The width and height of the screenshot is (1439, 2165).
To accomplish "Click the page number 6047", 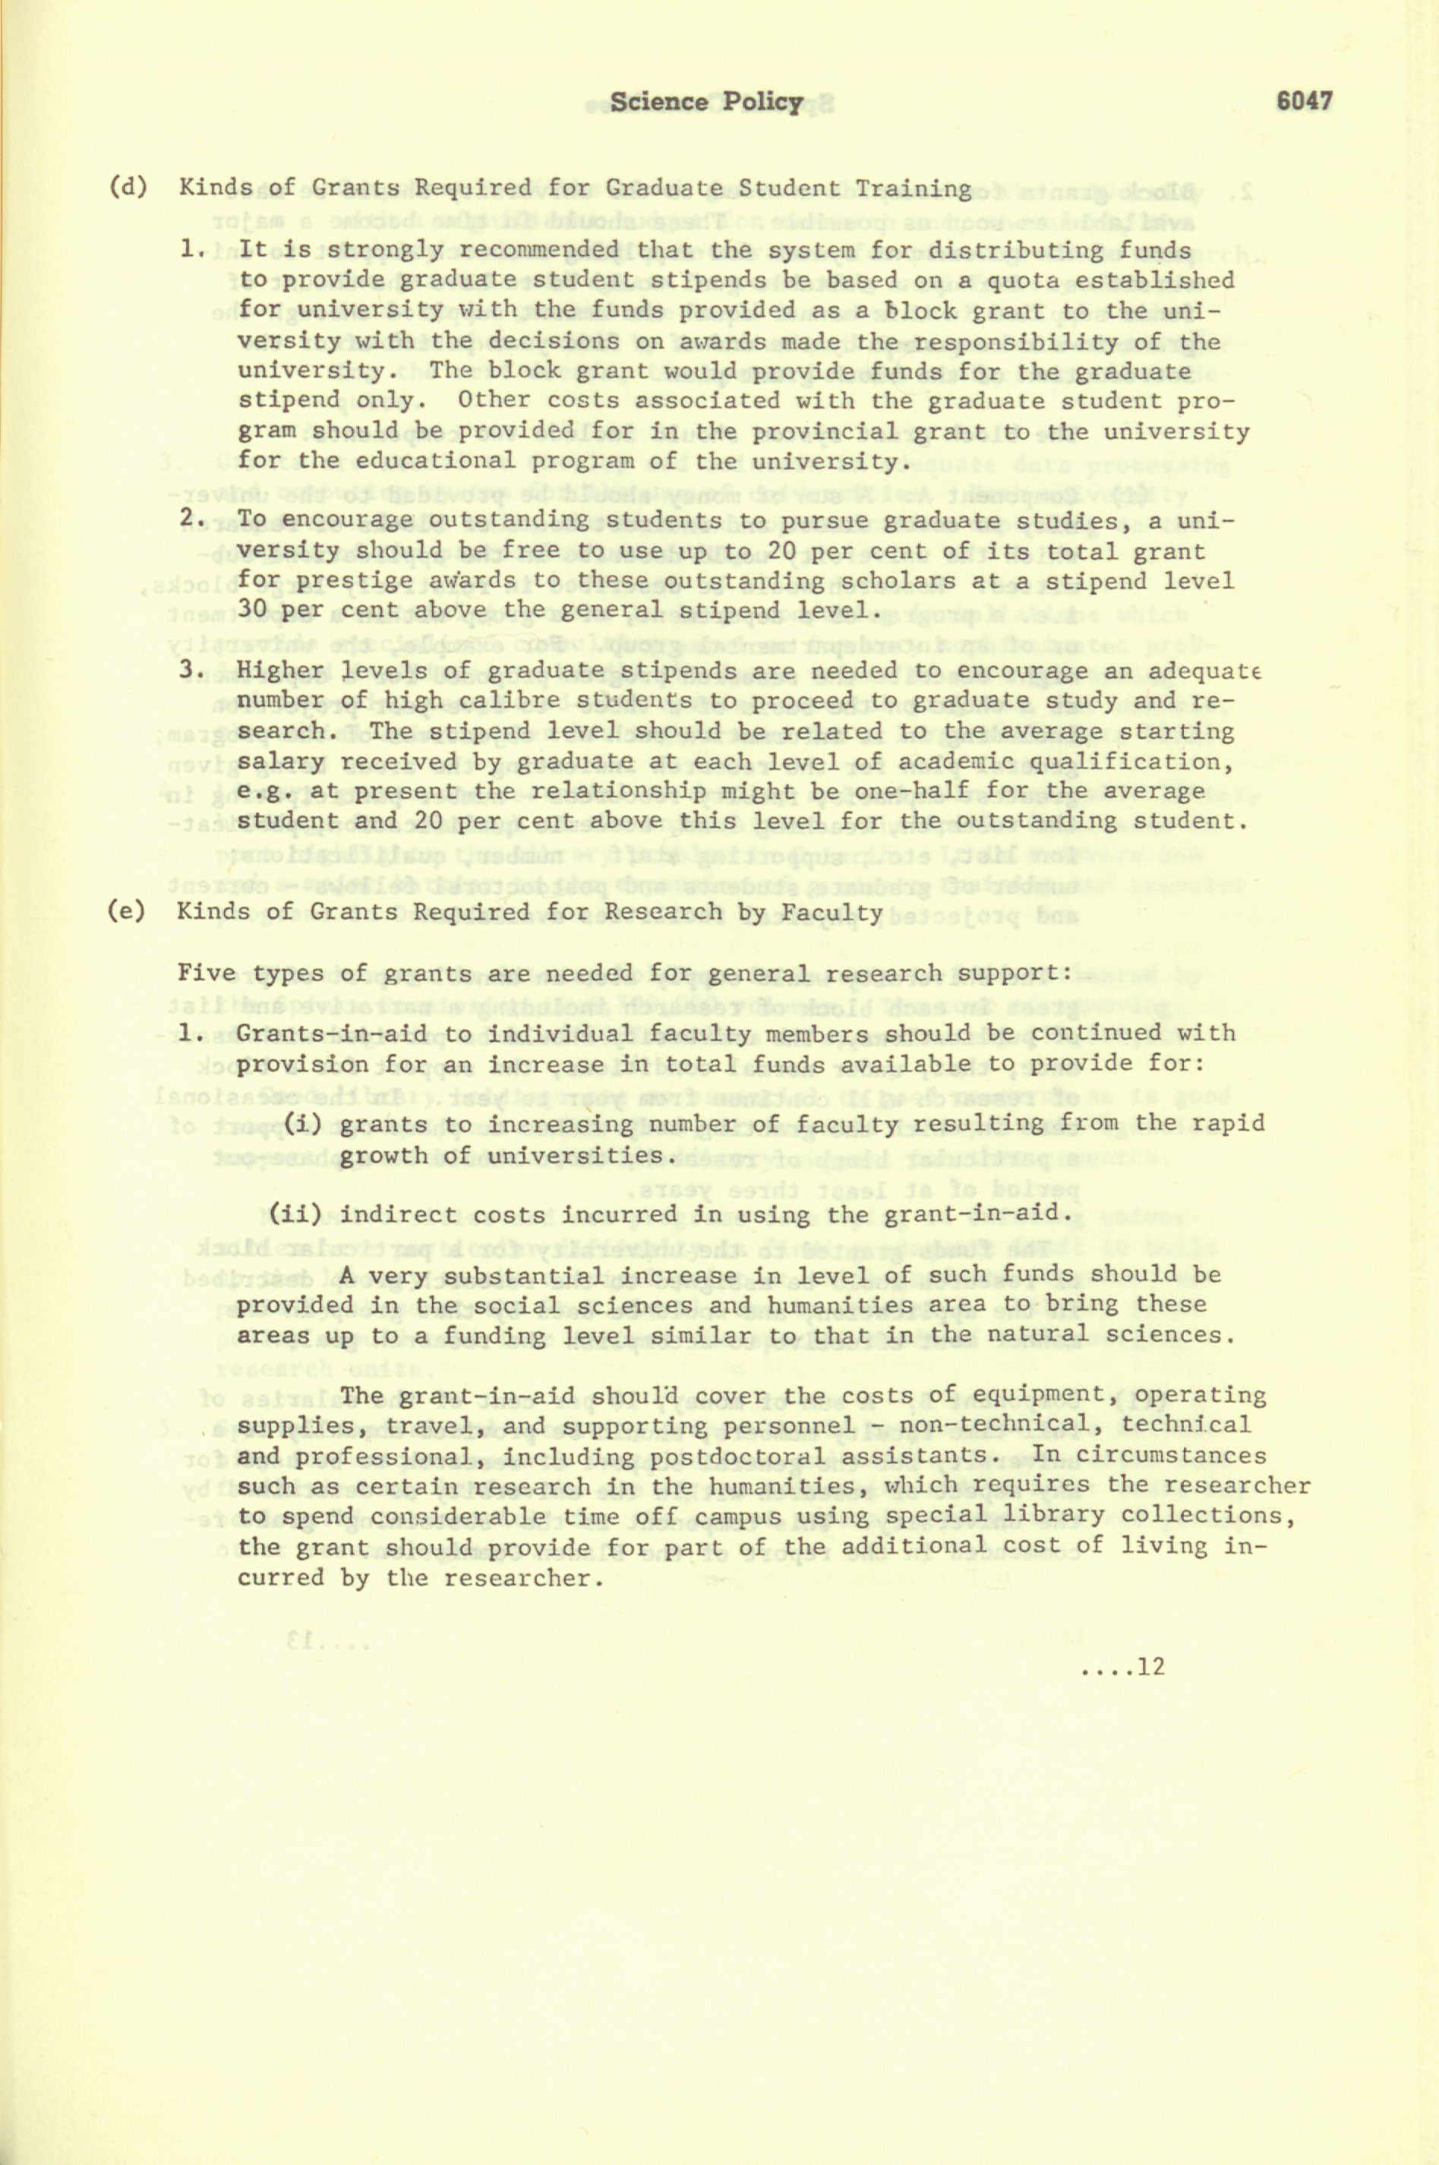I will tap(1304, 102).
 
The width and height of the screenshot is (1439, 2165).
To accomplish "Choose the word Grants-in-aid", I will tap(331, 1034).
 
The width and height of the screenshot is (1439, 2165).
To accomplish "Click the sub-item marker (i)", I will tap(303, 1123).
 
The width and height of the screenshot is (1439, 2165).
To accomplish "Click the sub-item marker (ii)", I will tap(295, 1214).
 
